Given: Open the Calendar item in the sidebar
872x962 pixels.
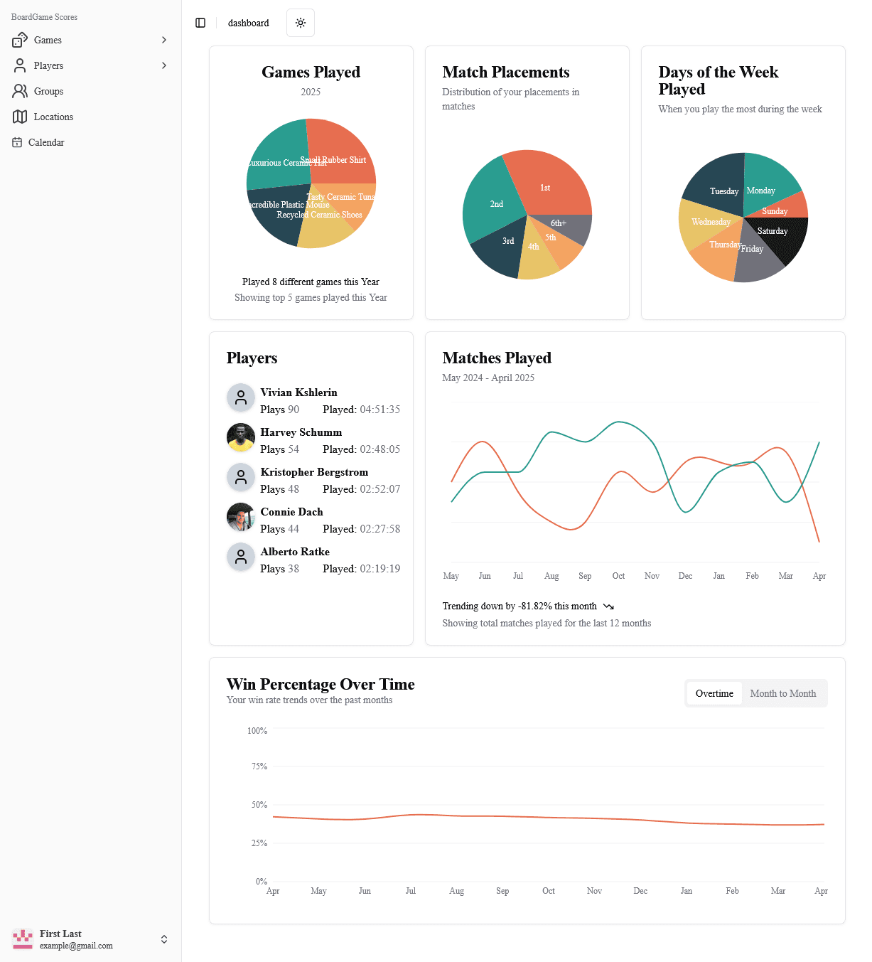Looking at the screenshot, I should pyautogui.click(x=46, y=142).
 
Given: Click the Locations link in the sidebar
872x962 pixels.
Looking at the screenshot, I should pyautogui.click(x=53, y=117).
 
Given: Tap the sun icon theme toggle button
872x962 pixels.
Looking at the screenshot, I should pyautogui.click(x=301, y=23).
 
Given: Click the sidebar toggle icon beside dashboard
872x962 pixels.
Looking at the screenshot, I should pyautogui.click(x=200, y=23).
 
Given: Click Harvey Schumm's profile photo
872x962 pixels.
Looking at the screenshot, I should pyautogui.click(x=241, y=438).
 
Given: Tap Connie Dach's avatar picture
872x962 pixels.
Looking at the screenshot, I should pyautogui.click(x=241, y=518).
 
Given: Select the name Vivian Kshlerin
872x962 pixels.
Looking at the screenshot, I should pyautogui.click(x=298, y=392).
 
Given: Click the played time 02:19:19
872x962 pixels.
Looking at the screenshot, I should pyautogui.click(x=380, y=569).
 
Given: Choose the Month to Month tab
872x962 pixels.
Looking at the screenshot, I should pyautogui.click(x=782, y=693).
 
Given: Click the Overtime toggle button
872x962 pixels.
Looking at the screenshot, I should pyautogui.click(x=714, y=693).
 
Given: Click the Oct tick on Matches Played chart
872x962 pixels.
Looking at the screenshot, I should pyautogui.click(x=618, y=576).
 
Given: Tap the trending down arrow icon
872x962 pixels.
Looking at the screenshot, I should pyautogui.click(x=608, y=606).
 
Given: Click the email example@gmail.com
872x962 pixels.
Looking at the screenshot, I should pyautogui.click(x=76, y=946).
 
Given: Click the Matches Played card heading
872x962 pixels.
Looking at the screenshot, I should pyautogui.click(x=497, y=358).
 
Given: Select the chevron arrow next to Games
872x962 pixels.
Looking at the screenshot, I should pyautogui.click(x=164, y=40).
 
